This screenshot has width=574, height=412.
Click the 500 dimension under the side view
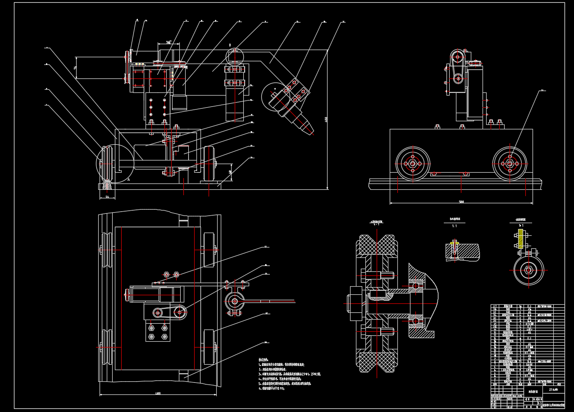click(461, 201)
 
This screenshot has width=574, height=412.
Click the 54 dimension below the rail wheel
click(107, 197)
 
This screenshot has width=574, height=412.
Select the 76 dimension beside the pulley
click(76, 67)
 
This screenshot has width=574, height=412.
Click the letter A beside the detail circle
click(129, 179)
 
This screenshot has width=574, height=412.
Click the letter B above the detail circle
click(230, 46)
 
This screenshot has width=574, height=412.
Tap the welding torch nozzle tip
click(311, 131)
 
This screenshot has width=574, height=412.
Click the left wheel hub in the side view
click(413, 164)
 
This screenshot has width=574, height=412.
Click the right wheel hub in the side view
click(510, 164)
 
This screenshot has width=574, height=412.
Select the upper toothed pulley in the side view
click(458, 56)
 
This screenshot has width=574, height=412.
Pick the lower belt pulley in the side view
click(458, 78)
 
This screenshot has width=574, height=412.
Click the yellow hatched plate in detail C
click(521, 239)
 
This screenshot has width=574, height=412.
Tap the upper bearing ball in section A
click(415, 286)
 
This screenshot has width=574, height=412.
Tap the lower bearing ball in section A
click(415, 320)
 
